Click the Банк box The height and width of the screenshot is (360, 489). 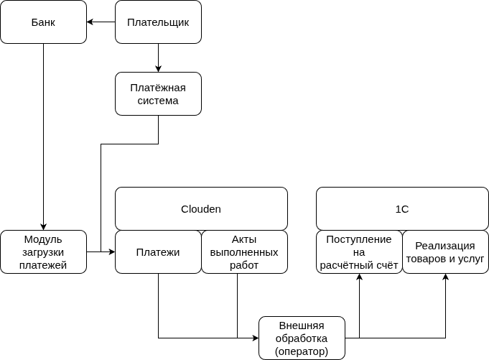point(43,22)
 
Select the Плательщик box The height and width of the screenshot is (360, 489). point(158,22)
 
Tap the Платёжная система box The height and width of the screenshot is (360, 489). point(158,94)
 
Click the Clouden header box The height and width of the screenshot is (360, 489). point(201,209)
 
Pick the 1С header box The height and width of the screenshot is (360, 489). point(402,209)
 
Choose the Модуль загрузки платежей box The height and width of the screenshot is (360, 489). point(43,252)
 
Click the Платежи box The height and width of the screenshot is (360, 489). point(158,252)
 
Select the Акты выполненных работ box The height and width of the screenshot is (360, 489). point(244,252)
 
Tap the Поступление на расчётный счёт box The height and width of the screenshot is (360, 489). point(359,252)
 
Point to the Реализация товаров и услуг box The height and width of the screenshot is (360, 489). point(445,252)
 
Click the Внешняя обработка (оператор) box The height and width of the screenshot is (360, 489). point(302,338)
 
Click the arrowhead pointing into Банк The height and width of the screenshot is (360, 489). point(90,22)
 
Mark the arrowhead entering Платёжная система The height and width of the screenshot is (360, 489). point(158,68)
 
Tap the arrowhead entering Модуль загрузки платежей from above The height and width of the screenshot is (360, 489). point(43,226)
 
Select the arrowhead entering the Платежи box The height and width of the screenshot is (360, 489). point(111,252)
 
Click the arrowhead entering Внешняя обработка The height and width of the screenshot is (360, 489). point(255,338)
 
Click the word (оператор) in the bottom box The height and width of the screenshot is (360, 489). point(302,352)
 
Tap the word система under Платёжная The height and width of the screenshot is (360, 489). point(158,101)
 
